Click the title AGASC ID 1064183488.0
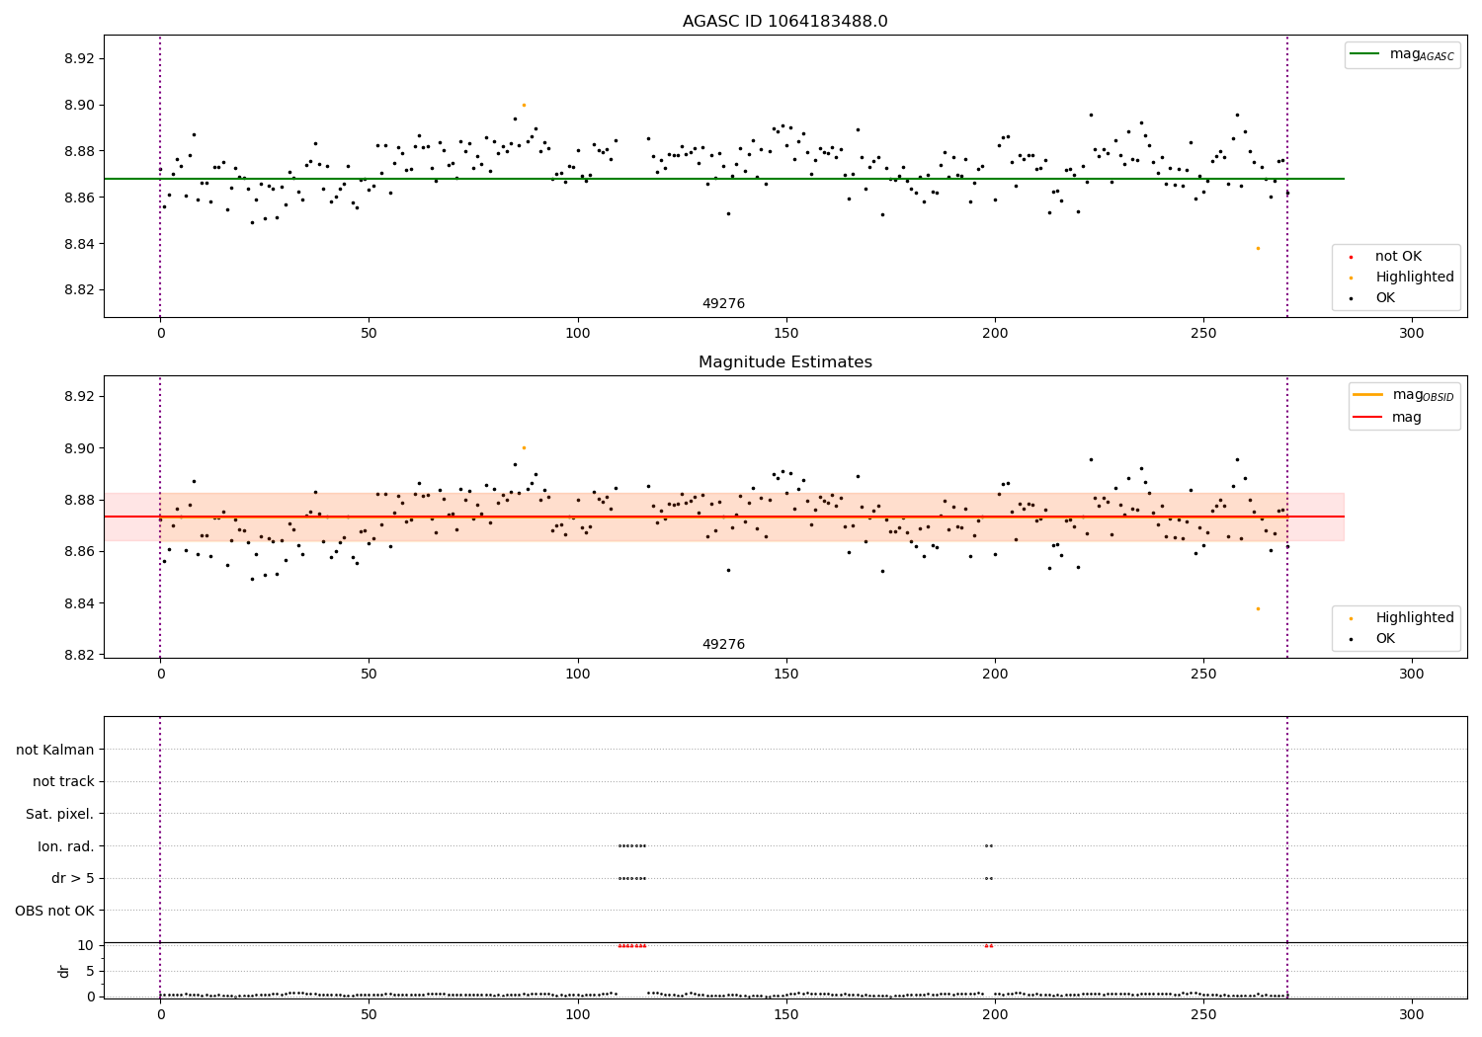pos(784,22)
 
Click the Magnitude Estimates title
pos(784,362)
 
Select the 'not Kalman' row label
pos(55,750)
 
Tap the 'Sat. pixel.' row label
pos(60,814)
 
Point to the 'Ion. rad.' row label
pos(66,846)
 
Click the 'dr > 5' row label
pos(73,878)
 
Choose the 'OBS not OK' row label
pos(55,911)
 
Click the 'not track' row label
pos(63,782)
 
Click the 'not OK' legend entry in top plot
pos(1398,257)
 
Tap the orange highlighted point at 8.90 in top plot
pos(524,105)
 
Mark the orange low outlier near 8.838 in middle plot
pos(1258,608)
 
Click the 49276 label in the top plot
pos(723,304)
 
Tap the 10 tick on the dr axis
pos(86,945)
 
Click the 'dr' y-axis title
pos(64,971)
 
